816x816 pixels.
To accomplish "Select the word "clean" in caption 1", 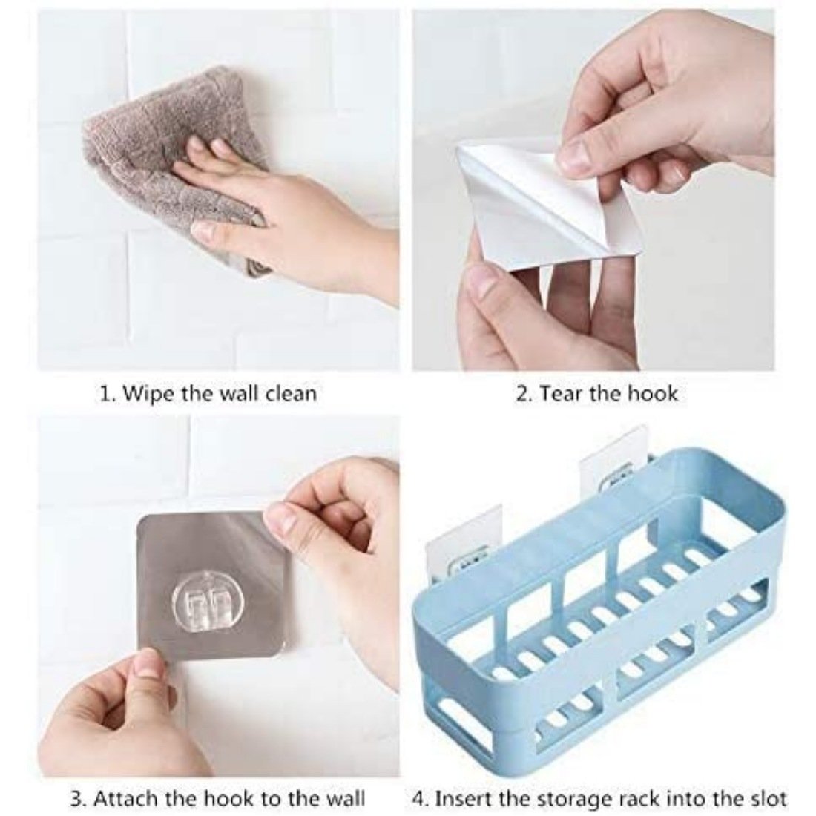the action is (x=290, y=393).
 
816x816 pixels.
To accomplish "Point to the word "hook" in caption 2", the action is (x=653, y=393).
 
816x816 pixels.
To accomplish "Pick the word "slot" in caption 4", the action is (x=766, y=797).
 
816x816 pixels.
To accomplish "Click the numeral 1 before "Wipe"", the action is (x=104, y=394).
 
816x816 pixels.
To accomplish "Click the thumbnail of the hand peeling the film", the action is (x=593, y=190).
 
